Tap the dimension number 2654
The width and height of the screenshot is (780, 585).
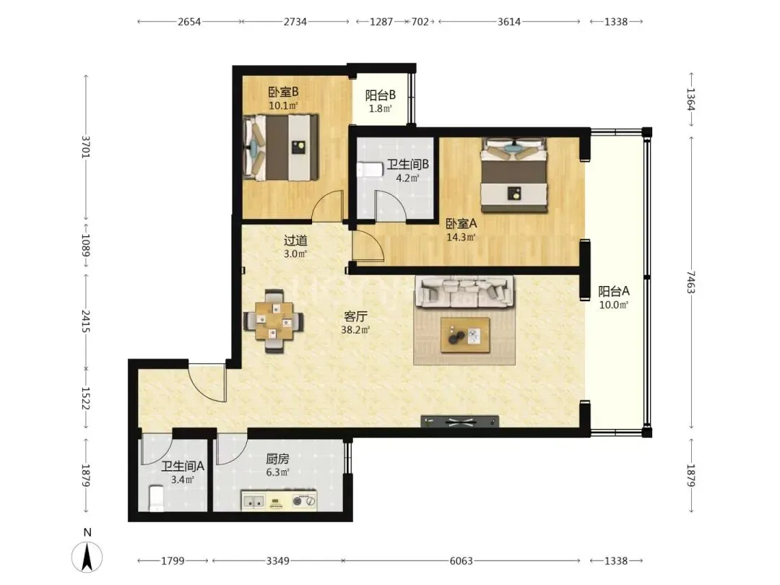click(x=189, y=22)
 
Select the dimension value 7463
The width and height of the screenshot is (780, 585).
click(x=690, y=282)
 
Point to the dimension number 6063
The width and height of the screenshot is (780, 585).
click(x=461, y=561)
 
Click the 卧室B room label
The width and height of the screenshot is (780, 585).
click(x=283, y=92)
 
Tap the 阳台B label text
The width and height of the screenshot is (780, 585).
click(x=380, y=95)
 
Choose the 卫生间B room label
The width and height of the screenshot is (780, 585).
click(x=408, y=164)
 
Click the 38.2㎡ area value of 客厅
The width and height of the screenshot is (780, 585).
click(x=355, y=330)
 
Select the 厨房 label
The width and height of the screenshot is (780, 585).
click(x=277, y=459)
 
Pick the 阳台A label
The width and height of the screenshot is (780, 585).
click(x=613, y=291)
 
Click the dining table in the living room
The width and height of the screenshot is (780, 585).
click(x=274, y=321)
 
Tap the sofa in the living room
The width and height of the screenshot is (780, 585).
click(x=464, y=292)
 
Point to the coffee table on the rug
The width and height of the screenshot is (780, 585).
click(x=465, y=336)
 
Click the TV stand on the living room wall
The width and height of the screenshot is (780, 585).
click(x=459, y=422)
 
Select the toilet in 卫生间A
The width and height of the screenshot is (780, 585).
click(x=156, y=498)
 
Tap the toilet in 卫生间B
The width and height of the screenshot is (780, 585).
click(x=369, y=170)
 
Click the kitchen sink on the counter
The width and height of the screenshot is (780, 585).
click(x=253, y=501)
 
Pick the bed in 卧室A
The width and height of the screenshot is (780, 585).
click(x=514, y=175)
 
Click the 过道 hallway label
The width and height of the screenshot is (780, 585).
click(x=295, y=240)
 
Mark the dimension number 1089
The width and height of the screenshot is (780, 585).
click(x=85, y=246)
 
